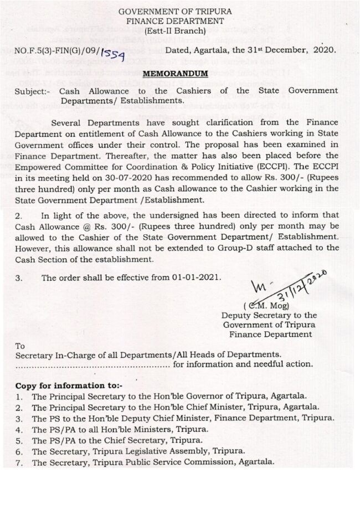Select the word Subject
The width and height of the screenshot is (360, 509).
click(31, 91)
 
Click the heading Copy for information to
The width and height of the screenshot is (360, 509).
click(69, 385)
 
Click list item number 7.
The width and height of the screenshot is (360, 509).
click(19, 462)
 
